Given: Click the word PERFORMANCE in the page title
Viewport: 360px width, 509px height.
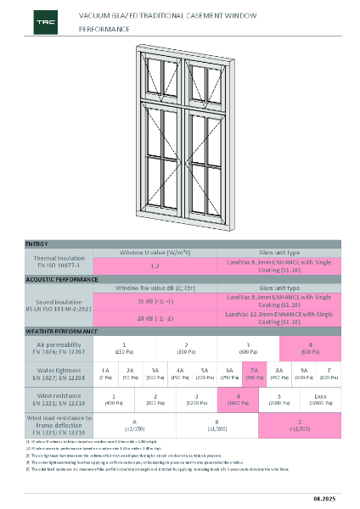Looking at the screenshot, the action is [98, 29].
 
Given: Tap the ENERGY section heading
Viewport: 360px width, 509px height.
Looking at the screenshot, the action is [37, 243].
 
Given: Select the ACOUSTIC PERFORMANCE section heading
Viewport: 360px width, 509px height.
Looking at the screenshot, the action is [60, 279].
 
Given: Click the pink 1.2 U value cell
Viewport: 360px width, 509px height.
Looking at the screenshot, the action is [155, 266].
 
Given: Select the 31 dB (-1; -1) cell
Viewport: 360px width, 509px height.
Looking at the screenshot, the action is [155, 301].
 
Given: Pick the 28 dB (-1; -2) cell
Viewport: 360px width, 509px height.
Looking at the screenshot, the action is [155, 318].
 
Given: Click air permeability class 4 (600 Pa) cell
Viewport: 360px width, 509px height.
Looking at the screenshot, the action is [310, 347].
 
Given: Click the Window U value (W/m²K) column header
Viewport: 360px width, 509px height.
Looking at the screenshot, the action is [155, 252].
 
